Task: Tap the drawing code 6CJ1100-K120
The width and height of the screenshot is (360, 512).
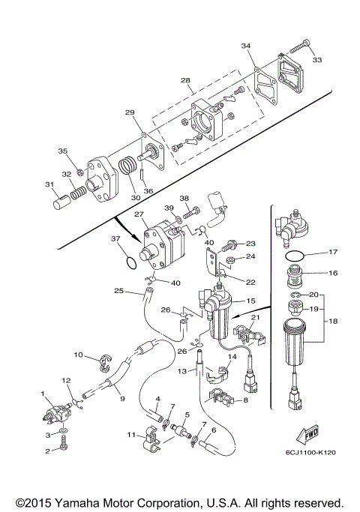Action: point(310,453)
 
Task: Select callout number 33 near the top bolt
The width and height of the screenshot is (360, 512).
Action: point(317,60)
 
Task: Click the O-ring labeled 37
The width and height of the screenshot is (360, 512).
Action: point(131,262)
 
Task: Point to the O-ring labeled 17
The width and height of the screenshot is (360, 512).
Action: point(295,256)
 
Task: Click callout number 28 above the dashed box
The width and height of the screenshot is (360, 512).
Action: point(185,80)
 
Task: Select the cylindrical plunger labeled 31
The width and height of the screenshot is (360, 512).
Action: point(61,202)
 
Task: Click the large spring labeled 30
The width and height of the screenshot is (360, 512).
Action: point(127,166)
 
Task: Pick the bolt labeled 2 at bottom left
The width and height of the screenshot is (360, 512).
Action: point(62,446)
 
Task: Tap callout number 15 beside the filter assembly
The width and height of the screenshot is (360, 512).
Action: point(250,301)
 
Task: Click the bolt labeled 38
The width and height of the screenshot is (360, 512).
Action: point(190,212)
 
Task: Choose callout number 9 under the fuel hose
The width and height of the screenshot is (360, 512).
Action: point(122,398)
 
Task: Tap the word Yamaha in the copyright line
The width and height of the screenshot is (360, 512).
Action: point(76,502)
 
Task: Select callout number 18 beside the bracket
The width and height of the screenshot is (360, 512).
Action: point(333,322)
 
